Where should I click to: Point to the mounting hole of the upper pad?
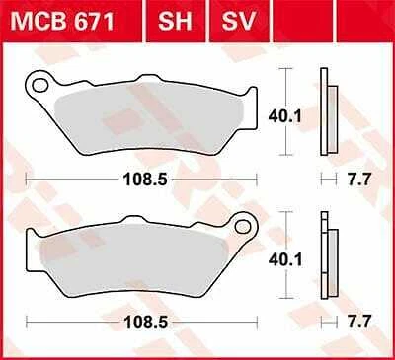(40, 86)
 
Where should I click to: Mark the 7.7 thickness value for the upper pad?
(355, 181)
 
